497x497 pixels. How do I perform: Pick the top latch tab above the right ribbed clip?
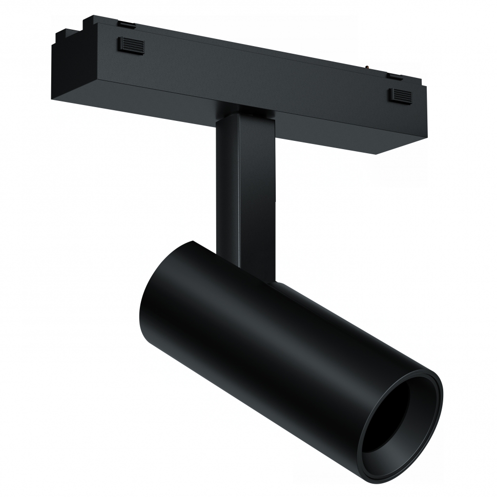click(x=394, y=76)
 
